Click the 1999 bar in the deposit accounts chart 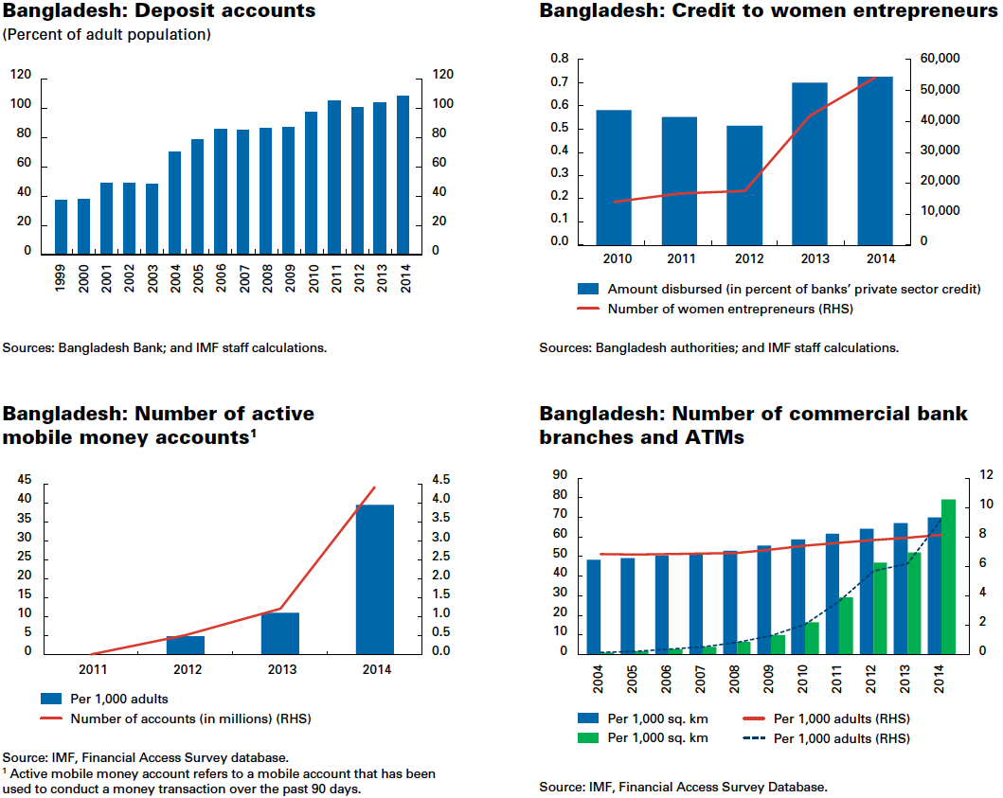click(61, 226)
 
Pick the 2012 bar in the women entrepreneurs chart click(744, 186)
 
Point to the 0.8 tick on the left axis click(559, 60)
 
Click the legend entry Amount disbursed click(729, 290)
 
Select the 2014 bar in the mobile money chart click(375, 578)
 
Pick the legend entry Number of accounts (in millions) click(189, 718)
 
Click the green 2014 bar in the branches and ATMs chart click(948, 576)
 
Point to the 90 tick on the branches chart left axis click(559, 476)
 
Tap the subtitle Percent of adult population click(107, 35)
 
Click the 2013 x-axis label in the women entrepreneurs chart click(810, 257)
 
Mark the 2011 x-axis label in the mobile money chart click(92, 669)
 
